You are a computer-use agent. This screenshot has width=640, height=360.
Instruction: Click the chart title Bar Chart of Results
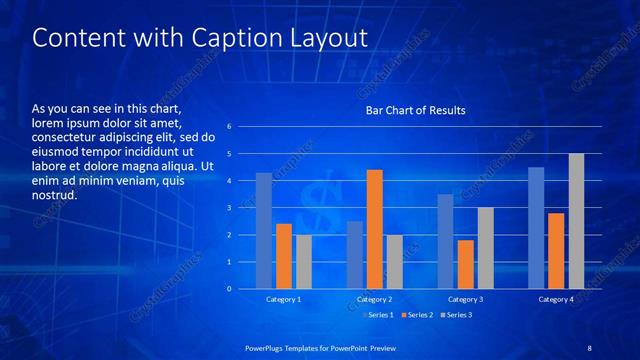[415, 110]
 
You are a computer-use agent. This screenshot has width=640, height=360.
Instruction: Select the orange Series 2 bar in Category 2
[375, 229]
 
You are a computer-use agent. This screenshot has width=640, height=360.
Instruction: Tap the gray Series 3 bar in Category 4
[576, 221]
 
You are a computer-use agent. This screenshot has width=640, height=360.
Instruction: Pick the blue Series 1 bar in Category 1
[264, 231]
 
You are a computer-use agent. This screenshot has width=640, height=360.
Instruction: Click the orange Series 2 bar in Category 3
[466, 264]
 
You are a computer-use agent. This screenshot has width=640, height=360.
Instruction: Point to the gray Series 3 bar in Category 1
[304, 262]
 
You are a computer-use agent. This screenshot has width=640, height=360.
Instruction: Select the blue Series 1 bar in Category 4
[536, 228]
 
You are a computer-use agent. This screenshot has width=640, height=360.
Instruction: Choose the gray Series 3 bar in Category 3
[486, 248]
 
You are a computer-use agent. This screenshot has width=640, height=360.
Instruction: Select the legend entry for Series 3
[457, 316]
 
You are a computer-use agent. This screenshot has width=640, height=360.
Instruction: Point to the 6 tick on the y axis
[229, 127]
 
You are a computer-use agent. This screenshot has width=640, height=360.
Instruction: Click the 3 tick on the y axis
[229, 208]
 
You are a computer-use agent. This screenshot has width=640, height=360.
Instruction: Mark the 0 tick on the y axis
[229, 289]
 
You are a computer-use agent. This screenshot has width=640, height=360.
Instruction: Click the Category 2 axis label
[374, 299]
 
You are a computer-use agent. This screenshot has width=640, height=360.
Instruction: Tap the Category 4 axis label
[556, 299]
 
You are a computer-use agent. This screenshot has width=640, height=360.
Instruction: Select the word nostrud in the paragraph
[55, 195]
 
